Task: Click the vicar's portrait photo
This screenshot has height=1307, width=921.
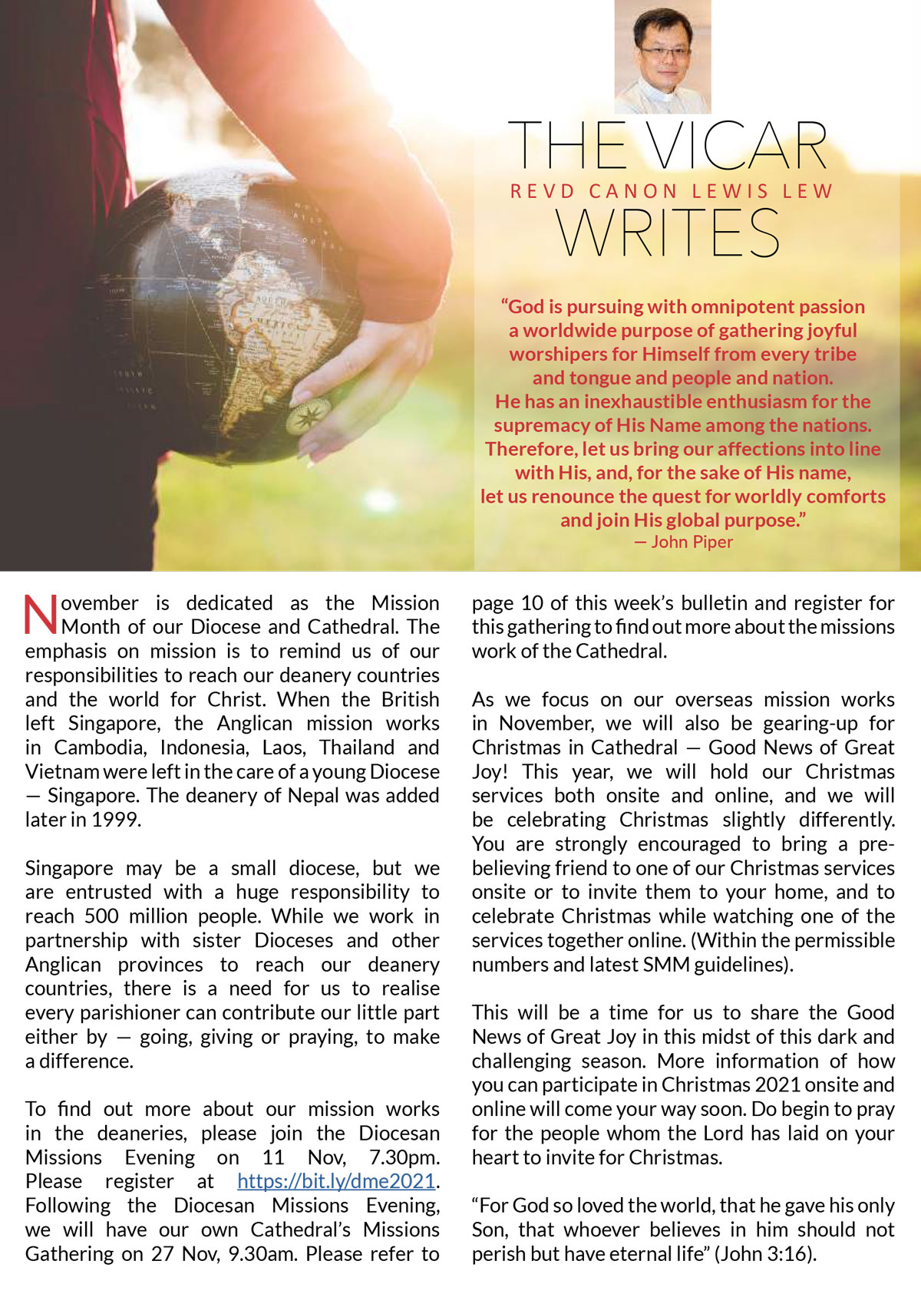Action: click(662, 57)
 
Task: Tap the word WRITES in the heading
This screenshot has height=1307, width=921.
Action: click(668, 233)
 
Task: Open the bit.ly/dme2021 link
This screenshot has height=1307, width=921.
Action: click(336, 1181)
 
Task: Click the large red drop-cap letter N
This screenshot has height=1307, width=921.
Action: click(41, 615)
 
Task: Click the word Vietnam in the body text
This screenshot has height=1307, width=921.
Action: click(62, 771)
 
